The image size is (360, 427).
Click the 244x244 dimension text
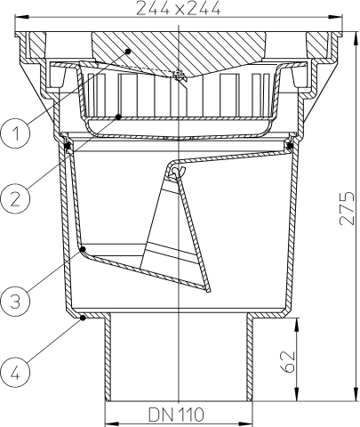(x=180, y=9)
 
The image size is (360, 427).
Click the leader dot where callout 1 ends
(x=128, y=52)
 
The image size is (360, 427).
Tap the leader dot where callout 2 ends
(x=120, y=116)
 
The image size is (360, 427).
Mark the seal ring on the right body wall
(x=291, y=144)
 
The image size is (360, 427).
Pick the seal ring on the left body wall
(x=68, y=144)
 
